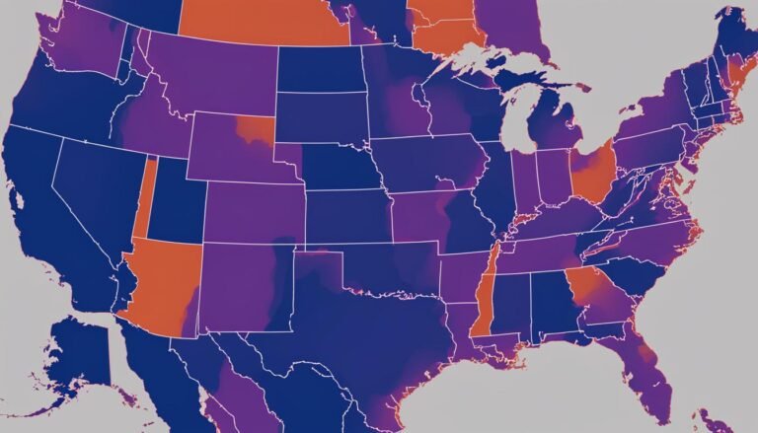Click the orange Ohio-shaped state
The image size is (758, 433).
pos(592,172)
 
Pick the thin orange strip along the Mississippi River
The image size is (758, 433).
pos(485,297)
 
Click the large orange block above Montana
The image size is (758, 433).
pos(262,20)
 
